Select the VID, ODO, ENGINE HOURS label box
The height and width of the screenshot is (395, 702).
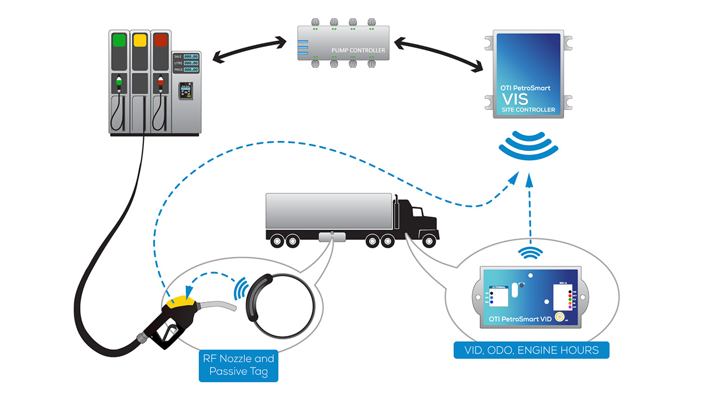coord(531,350)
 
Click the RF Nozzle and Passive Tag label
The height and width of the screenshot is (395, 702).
coord(238,366)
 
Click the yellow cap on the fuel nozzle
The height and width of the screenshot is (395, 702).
coord(182,301)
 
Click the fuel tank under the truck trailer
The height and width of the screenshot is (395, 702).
coord(332,236)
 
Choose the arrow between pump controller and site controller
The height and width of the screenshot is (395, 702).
coord(435,52)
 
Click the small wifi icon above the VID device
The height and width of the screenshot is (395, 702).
coord(529,253)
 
